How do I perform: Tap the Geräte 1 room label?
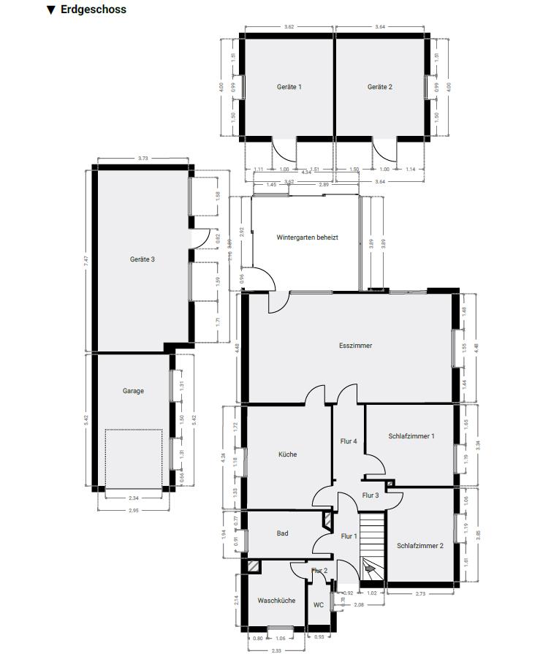(x=289, y=87)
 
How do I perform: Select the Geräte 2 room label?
(x=380, y=87)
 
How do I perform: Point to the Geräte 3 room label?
(x=142, y=259)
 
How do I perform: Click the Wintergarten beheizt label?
(x=307, y=237)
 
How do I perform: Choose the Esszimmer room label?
(x=355, y=346)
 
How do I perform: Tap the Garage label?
(x=133, y=391)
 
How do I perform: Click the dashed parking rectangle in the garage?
(x=133, y=458)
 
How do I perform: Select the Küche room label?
(x=287, y=455)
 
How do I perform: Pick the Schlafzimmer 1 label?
(x=411, y=436)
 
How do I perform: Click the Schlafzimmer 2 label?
(x=420, y=546)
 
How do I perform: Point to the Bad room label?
(x=282, y=533)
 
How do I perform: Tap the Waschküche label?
(x=276, y=601)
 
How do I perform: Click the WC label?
(x=319, y=605)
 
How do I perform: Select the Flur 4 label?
(x=349, y=441)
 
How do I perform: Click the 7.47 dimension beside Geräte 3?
(x=85, y=260)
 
